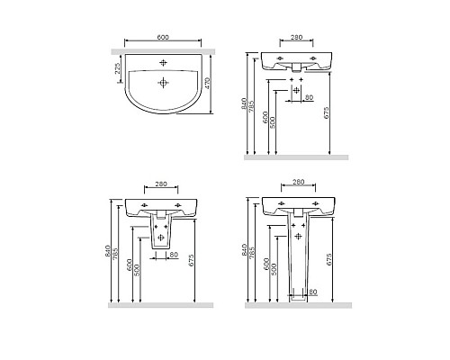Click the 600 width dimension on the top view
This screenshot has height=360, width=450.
pos(163,37)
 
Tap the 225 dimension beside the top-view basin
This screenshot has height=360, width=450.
pos(118,68)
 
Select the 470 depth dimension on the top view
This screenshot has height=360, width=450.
pos(207,83)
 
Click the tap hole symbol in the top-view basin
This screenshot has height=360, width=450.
pos(163,63)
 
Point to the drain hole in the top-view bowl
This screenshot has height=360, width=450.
pos(163,83)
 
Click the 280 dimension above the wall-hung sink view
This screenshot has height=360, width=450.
pos(296,37)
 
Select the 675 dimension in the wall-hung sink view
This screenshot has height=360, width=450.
pos(327,112)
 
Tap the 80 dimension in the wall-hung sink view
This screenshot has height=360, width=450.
pos(309,97)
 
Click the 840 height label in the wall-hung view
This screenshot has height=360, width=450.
pos(244,103)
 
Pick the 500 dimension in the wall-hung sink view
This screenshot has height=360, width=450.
pos(273,122)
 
